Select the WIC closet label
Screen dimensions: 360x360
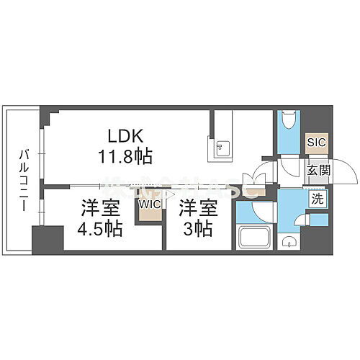click(150, 205)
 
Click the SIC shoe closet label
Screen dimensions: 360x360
click(317, 142)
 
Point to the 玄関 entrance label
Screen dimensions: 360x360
click(318, 171)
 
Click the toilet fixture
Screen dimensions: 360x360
click(288, 120)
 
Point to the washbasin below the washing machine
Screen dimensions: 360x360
click(289, 241)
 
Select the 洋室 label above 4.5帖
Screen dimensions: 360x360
click(100, 208)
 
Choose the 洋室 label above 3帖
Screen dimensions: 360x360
click(197, 208)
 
